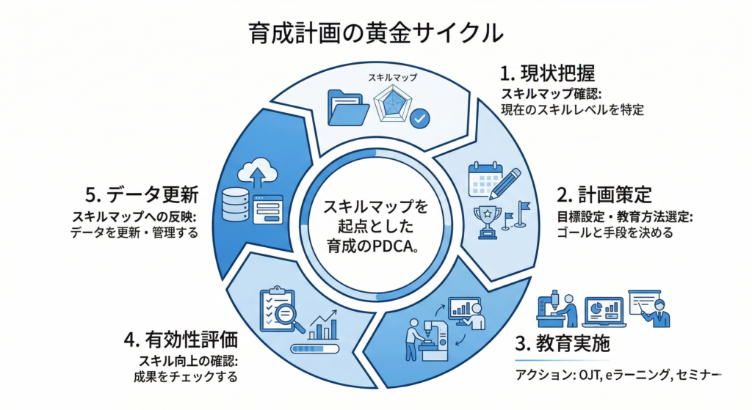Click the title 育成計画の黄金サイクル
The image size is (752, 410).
(x=375, y=33)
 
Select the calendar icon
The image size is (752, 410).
(x=485, y=178)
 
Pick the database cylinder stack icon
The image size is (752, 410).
(x=236, y=205)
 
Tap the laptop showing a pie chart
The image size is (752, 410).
(x=602, y=312)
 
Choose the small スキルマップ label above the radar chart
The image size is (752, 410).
(x=391, y=77)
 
